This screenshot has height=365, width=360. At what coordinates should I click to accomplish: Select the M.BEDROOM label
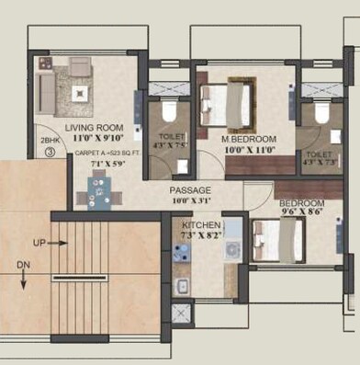tap(250, 140)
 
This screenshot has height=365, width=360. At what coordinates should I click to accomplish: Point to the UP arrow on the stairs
tap(53, 244)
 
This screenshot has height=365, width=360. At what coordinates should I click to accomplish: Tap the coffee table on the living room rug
tap(80, 92)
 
